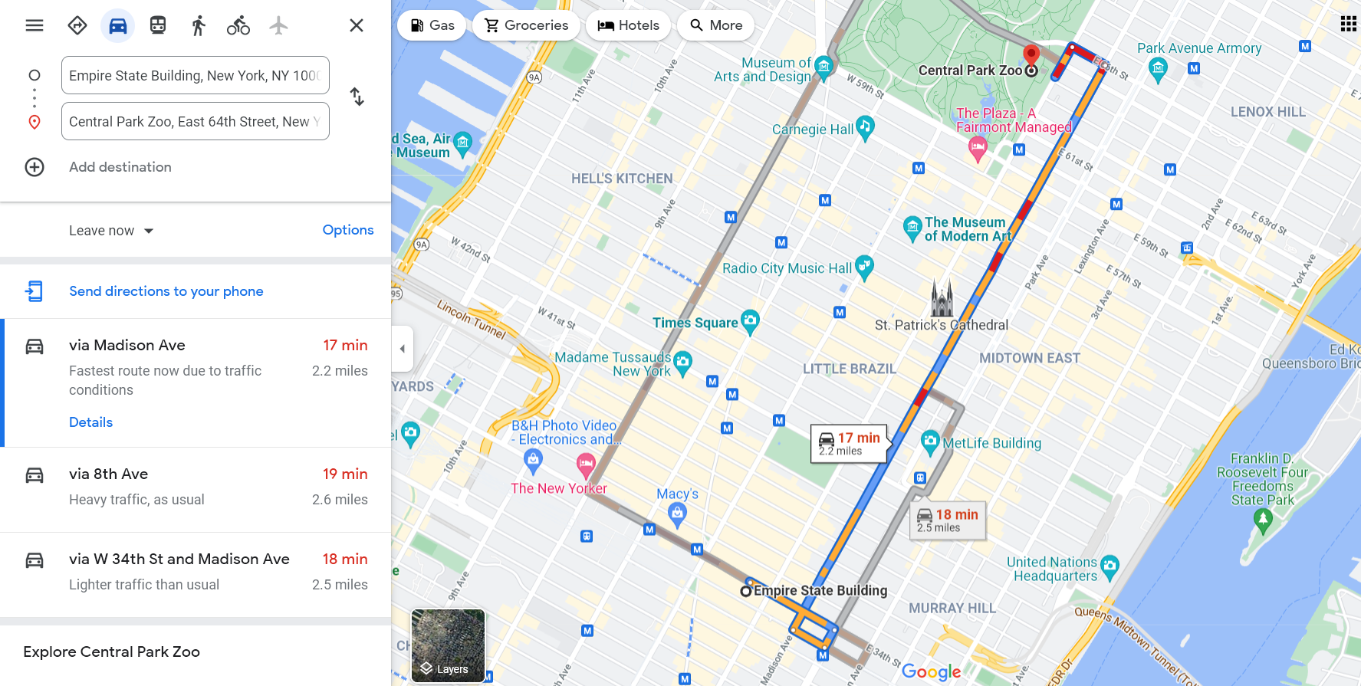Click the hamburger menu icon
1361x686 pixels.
35,25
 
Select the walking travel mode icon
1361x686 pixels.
199,25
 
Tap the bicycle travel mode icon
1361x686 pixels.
238,25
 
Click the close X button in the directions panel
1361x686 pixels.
357,25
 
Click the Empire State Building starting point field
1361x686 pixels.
195,75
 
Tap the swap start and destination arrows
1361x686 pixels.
357,97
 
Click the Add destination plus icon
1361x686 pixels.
35,167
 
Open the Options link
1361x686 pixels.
348,230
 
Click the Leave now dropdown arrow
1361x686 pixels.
149,231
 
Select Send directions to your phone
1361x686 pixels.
166,291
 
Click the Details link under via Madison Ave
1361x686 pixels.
90,422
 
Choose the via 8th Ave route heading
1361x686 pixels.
108,474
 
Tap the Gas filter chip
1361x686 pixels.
432,25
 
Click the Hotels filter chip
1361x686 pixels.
628,25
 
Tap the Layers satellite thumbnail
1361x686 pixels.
448,645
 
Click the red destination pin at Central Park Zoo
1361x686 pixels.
1031,54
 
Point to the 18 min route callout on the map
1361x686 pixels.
948,520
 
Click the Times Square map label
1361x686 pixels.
695,323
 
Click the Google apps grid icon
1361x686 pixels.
1348,24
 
